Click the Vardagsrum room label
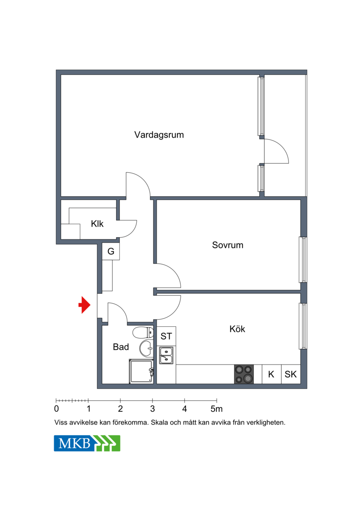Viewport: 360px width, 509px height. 159,135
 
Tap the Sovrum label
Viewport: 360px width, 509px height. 228,245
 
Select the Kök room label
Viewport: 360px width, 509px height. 237,329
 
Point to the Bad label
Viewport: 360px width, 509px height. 121,347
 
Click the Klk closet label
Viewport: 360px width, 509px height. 97,224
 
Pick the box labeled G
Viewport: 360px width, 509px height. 111,251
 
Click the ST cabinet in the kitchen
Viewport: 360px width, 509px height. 166,336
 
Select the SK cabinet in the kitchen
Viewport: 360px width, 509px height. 291,374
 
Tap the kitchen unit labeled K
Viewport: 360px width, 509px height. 271,374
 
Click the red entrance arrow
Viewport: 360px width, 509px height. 85,305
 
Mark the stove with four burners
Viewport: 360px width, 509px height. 244,374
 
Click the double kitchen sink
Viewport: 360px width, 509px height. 166,355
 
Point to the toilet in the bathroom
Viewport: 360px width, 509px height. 143,333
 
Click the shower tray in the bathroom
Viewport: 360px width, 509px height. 141,371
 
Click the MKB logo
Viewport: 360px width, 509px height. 87,443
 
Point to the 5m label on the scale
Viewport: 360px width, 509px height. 216,409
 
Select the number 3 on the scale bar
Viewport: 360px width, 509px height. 153,409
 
